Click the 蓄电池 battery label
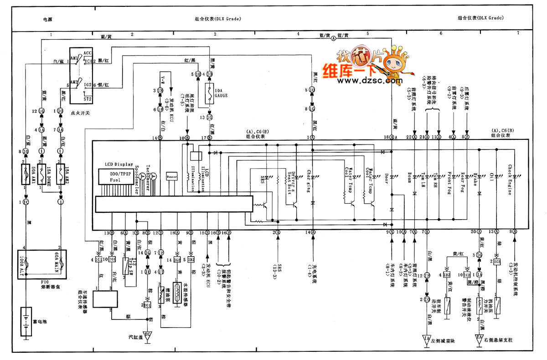coord(44,322)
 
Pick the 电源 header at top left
coord(47,20)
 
